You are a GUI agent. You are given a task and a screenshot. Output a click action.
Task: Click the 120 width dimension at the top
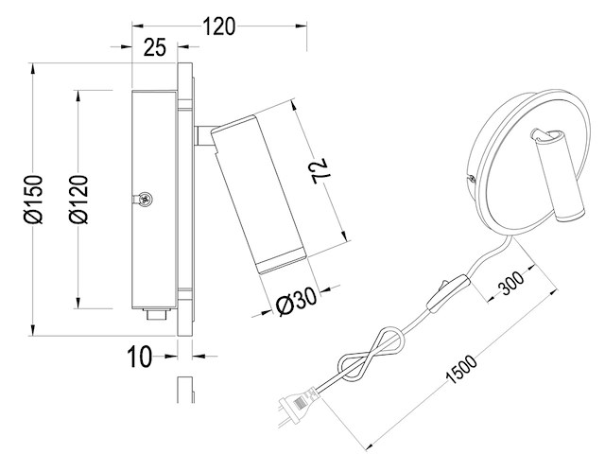(x=218, y=26)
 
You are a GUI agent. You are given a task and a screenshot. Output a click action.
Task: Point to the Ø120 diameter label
(x=80, y=201)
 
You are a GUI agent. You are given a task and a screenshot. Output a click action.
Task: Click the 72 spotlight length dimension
(x=320, y=169)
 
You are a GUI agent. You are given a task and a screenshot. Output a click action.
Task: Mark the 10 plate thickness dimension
(x=139, y=357)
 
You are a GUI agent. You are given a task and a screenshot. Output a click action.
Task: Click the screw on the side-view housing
(x=146, y=200)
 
